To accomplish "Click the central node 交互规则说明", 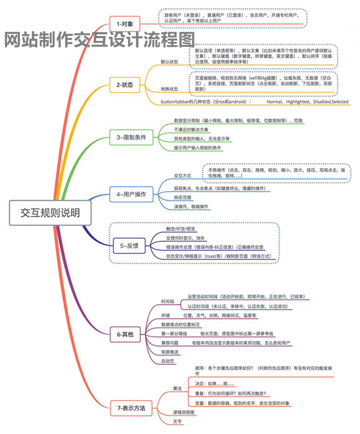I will (x=50, y=212).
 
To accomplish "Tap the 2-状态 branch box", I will (x=125, y=85).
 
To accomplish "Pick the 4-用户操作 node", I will (x=131, y=194).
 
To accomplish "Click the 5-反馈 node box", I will (x=129, y=245).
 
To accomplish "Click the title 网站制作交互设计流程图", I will (x=100, y=41).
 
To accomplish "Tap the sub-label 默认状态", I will (x=169, y=62).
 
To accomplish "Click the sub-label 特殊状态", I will (x=169, y=89).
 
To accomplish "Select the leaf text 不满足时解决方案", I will (x=191, y=130).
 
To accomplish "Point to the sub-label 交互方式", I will (x=182, y=175).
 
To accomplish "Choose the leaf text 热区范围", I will (x=183, y=197).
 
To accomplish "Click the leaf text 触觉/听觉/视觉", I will (x=181, y=229).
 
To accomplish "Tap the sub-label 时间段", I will (x=167, y=301).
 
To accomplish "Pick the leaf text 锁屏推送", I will (x=169, y=352).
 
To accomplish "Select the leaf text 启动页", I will (x=167, y=361).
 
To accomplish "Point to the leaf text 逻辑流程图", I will (x=183, y=412).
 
